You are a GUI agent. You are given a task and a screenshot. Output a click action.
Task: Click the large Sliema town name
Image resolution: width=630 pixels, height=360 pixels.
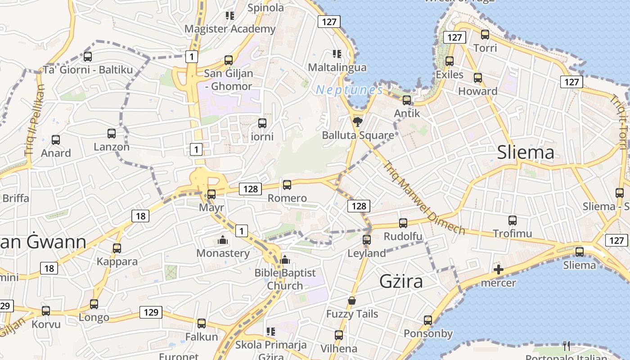[x=526, y=153]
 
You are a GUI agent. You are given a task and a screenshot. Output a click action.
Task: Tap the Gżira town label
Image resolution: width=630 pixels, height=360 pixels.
[x=401, y=281]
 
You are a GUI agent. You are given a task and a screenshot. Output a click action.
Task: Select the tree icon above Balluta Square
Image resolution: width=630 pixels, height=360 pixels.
[x=357, y=121]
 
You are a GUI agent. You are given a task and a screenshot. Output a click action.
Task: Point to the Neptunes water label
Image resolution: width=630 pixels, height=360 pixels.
[x=349, y=90]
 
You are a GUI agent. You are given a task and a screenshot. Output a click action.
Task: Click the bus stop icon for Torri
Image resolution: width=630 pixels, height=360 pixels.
[x=485, y=35]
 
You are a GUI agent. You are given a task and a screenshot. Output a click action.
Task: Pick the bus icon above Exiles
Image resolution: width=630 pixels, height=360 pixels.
[x=449, y=61]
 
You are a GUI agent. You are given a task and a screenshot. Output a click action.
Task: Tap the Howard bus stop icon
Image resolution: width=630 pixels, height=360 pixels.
[x=478, y=78]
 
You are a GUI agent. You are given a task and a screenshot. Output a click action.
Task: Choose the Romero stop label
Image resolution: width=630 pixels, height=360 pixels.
[x=287, y=198]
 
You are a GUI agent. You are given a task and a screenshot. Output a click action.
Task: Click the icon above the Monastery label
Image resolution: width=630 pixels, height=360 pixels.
[x=222, y=240]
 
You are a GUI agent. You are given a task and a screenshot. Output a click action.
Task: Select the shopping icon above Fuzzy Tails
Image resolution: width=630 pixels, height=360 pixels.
[x=352, y=301]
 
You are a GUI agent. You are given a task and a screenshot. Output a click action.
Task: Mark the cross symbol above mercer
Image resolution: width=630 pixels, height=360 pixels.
[x=498, y=270]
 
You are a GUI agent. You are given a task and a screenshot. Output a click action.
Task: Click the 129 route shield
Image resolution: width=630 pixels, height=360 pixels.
[x=151, y=312]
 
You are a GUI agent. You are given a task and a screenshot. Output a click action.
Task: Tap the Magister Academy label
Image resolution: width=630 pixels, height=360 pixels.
[x=230, y=29]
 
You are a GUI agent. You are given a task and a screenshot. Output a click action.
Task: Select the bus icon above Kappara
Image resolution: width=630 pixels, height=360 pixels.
[x=117, y=248]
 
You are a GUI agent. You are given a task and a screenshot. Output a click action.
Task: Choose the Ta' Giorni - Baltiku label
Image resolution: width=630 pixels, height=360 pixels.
[x=88, y=70]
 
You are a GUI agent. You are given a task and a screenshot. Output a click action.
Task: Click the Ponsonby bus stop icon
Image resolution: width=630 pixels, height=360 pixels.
[x=427, y=320]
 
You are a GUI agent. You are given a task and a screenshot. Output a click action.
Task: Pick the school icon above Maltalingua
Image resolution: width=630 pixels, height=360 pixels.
[x=337, y=54]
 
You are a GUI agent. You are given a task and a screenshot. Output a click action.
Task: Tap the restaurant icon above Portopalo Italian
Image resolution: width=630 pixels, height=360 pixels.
[x=567, y=346]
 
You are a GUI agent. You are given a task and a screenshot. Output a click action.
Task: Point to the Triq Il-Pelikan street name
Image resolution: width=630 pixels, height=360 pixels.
[x=35, y=120]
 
